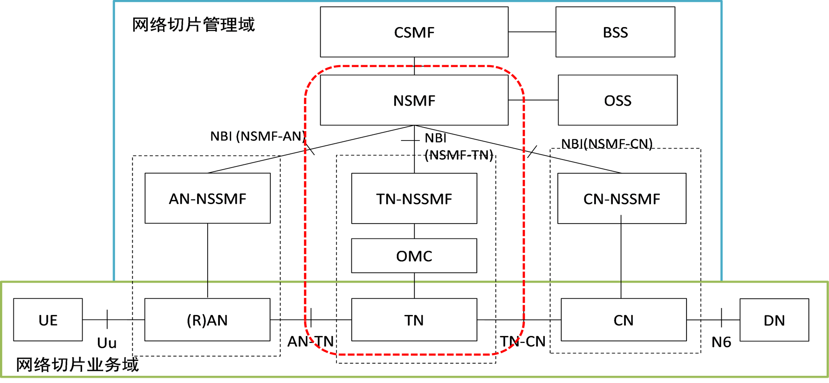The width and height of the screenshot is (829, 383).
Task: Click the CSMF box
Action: pos(414,32)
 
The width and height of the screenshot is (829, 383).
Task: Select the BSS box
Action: pos(615,32)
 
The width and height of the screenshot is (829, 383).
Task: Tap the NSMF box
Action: pos(414,100)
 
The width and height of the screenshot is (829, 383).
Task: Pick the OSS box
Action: pos(617,100)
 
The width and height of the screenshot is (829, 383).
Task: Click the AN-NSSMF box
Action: pos(208,198)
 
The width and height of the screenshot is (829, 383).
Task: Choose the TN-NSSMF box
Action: pos(414,198)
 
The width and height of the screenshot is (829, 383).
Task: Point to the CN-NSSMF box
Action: pos(622,198)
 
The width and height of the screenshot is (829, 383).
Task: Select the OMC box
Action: pos(414,256)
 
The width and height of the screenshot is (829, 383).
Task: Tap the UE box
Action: pos(48,320)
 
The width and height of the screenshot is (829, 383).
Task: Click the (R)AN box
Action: pos(207,320)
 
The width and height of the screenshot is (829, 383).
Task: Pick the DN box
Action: pos(774,320)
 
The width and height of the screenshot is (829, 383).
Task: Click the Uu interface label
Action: pos(107,343)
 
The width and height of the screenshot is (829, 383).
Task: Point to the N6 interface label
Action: pos(721,342)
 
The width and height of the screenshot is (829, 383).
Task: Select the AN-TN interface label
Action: pos(310,341)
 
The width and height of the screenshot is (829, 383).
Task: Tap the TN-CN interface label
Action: pos(523,341)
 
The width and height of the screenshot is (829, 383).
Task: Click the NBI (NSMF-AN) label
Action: pos(257,136)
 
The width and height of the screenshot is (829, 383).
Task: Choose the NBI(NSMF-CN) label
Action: pos(607,144)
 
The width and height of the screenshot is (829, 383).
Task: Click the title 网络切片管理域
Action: pos(193,25)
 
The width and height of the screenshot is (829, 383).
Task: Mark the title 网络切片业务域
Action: pos(77,365)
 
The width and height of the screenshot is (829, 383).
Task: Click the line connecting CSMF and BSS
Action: pos(532,32)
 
